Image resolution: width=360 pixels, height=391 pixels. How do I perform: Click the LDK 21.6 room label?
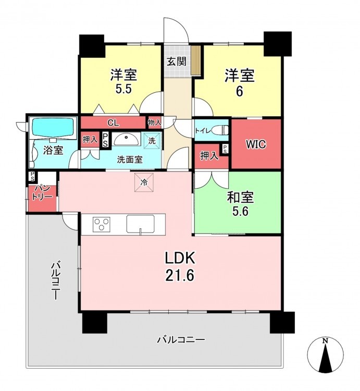[x=180, y=267]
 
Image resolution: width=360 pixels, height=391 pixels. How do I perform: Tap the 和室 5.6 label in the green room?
[x=240, y=204]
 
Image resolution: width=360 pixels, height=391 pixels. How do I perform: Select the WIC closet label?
[x=256, y=144]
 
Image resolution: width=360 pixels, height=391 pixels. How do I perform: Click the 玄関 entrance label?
[x=177, y=62]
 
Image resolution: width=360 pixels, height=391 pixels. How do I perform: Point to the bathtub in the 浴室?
[x=53, y=128]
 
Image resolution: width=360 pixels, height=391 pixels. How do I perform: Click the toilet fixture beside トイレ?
[x=222, y=130]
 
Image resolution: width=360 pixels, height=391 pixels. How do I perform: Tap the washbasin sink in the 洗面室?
[x=127, y=139]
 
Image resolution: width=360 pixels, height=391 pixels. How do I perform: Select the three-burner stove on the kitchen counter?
[x=102, y=224]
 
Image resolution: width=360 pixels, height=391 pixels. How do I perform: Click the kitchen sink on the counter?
[x=140, y=224]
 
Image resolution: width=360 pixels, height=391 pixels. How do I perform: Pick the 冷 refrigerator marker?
[x=144, y=182]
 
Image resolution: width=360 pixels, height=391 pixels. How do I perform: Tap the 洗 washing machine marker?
[x=152, y=140]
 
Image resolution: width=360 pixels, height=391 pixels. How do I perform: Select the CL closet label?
[x=113, y=123]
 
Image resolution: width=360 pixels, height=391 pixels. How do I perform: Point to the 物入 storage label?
[x=155, y=123]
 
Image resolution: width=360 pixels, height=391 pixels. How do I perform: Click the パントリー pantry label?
[x=42, y=192]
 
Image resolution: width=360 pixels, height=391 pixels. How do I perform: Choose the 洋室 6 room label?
[x=240, y=83]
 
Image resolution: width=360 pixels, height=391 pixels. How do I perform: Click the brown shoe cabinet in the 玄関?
[x=196, y=60]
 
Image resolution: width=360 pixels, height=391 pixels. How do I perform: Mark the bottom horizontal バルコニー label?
[x=181, y=339]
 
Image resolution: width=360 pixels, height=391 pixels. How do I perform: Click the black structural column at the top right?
[x=278, y=44]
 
